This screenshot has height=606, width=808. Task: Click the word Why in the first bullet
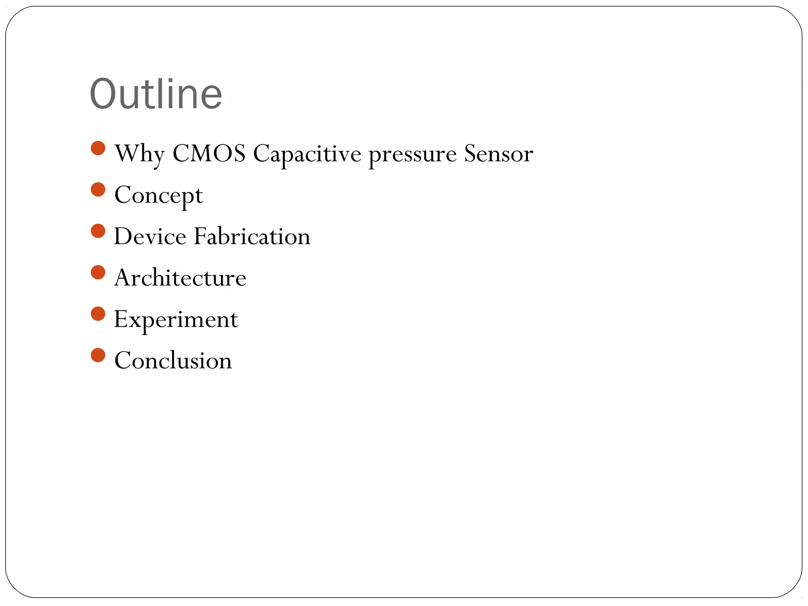(x=139, y=154)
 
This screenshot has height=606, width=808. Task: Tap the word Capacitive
(x=307, y=154)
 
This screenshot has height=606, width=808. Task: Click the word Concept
(x=159, y=195)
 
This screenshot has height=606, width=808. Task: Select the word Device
(x=150, y=236)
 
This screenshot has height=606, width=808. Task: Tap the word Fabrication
(x=252, y=236)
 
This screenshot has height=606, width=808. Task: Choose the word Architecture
(x=180, y=278)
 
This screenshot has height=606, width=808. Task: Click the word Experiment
(x=176, y=320)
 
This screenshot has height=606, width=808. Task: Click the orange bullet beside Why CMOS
(x=98, y=148)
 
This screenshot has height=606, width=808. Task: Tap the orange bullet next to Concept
(x=98, y=189)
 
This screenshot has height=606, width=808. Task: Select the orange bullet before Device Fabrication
(x=98, y=231)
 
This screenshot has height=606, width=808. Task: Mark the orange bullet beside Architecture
(x=98, y=272)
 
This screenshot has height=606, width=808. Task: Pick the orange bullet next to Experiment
(x=98, y=314)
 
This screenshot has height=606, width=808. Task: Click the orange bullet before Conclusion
(x=98, y=355)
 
